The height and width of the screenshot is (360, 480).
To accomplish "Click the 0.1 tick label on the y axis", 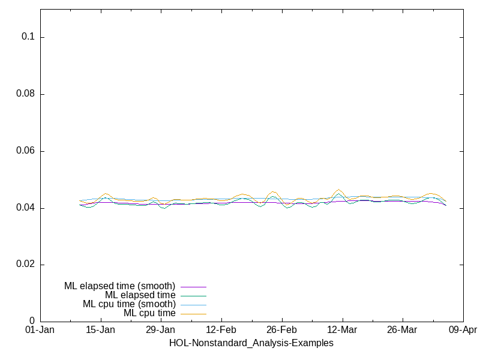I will (29, 37).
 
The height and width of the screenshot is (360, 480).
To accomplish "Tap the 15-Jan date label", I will (100, 331).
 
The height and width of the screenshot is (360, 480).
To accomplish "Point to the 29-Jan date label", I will (160, 331).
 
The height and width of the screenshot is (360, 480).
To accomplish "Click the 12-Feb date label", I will (221, 331).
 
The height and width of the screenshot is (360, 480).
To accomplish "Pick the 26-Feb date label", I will (281, 331).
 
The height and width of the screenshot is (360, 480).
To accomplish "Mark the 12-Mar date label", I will (342, 331).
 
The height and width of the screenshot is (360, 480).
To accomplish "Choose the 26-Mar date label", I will (402, 331).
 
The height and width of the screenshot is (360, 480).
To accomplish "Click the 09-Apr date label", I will (463, 331).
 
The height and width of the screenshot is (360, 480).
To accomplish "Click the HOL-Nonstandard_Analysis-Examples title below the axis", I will (251, 343).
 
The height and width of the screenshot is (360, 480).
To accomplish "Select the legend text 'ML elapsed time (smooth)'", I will (119, 286).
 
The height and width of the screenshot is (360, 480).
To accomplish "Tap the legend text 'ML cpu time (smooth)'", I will (129, 304).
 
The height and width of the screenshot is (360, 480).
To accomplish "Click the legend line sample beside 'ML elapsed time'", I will (193, 296).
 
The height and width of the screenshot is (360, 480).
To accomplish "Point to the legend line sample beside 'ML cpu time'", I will (193, 314).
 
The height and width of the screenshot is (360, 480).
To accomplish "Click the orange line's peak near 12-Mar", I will (339, 190).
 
